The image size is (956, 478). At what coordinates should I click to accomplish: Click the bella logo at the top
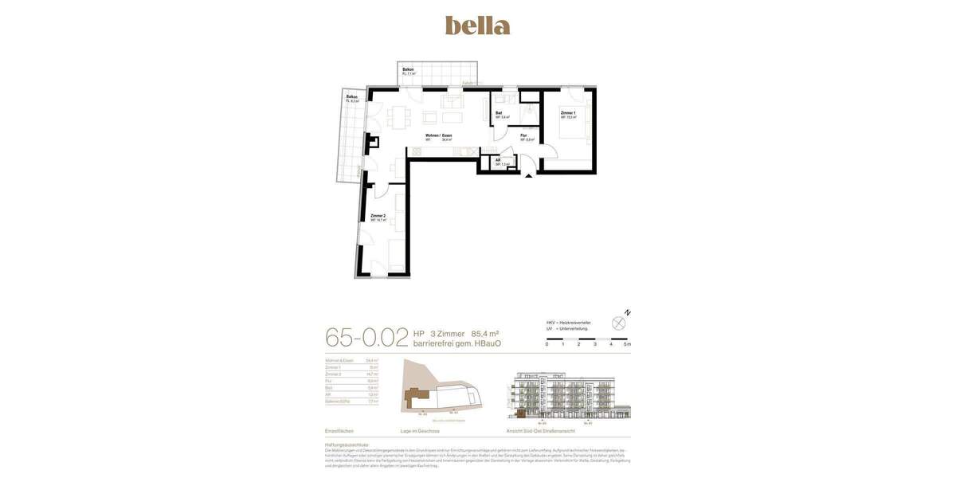point(477,25)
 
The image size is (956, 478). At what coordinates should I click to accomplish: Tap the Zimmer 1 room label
point(568,114)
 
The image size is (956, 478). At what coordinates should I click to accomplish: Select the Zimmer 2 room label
point(378,216)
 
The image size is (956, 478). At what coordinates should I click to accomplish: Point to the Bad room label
point(499,114)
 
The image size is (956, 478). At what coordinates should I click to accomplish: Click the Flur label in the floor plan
point(524,136)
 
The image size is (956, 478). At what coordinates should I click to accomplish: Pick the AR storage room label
point(498,160)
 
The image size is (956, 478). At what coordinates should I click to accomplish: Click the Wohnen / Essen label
point(438,136)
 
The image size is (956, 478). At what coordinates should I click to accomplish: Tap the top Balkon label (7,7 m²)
point(408,70)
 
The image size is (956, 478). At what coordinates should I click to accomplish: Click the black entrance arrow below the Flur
point(528,175)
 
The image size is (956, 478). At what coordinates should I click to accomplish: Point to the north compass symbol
point(619,323)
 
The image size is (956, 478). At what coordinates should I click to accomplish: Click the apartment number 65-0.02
point(366,337)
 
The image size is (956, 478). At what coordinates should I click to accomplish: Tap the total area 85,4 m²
point(485,334)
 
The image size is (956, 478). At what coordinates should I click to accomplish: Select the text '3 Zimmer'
point(447,334)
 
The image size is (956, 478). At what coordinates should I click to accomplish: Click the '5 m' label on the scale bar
point(628,344)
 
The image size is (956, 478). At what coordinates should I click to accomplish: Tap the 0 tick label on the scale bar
point(547,344)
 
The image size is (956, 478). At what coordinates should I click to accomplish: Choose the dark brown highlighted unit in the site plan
point(414,394)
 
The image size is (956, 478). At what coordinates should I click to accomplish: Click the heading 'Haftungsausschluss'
point(347,445)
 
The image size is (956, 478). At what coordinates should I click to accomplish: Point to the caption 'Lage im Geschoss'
point(420,431)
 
